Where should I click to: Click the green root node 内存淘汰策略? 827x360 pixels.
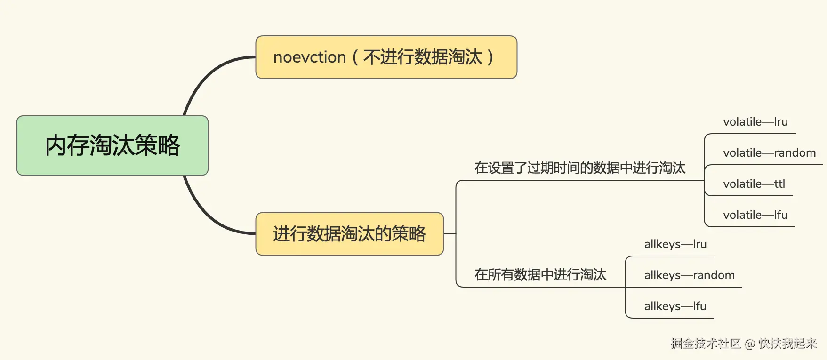(x=112, y=145)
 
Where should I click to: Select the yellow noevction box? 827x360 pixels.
(x=386, y=57)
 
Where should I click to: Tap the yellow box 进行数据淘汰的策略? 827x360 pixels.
(x=349, y=234)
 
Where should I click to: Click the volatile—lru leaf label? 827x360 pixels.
(x=755, y=122)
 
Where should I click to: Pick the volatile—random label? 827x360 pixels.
(x=769, y=153)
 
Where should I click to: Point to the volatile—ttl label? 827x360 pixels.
(x=754, y=184)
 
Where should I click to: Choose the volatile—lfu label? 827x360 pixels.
(x=755, y=215)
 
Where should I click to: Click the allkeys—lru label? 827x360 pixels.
(x=675, y=244)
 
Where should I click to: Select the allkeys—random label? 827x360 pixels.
(x=689, y=275)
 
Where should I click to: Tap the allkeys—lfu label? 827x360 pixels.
(x=675, y=306)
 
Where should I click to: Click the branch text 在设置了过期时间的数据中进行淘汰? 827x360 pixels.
(x=579, y=168)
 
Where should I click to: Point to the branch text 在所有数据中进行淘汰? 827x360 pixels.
(x=540, y=275)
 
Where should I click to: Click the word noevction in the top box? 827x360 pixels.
(x=310, y=57)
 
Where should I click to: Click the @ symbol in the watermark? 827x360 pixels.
(x=750, y=344)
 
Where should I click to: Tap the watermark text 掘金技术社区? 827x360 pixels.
(x=706, y=344)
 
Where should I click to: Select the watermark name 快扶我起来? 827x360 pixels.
(x=787, y=344)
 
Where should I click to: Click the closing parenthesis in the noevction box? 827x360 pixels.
(x=490, y=57)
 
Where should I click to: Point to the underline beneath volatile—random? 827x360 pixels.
(x=772, y=165)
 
